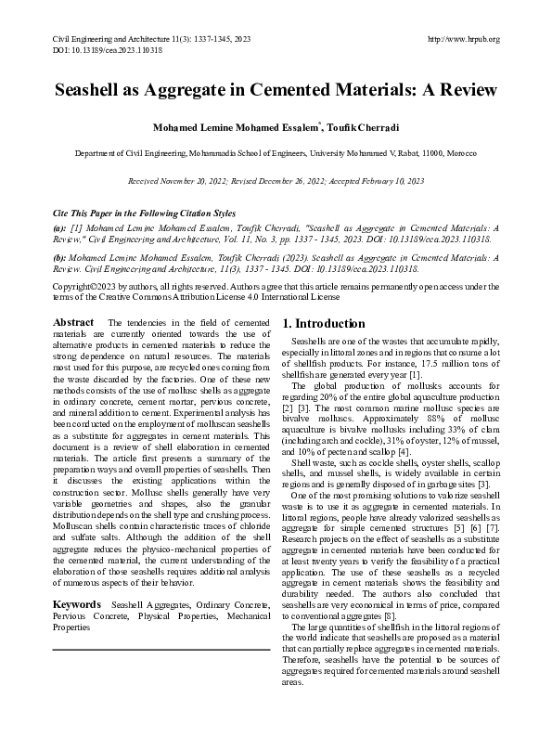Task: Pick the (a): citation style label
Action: [x=59, y=226]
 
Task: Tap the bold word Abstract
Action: [x=73, y=322]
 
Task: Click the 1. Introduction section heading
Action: [x=324, y=324]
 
